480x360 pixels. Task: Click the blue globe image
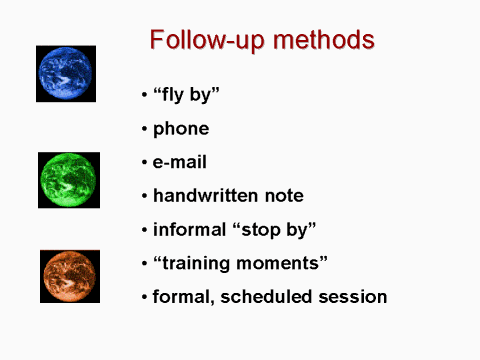pos(66,73)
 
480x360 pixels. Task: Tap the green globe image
pos(69,180)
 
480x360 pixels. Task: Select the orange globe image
pos(70,277)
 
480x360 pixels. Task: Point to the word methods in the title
pos(322,40)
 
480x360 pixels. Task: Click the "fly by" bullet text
pos(186,96)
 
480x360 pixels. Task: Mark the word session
pos(353,296)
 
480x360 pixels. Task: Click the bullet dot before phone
pos(144,130)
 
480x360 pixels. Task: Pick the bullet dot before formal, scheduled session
pos(144,297)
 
